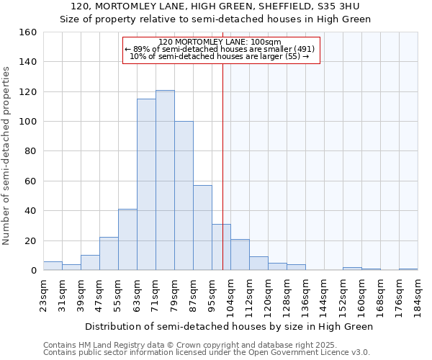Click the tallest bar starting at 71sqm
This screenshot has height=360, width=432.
pos(165,180)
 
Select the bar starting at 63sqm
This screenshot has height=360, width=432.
pos(146,184)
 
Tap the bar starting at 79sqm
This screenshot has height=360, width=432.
pos(184,196)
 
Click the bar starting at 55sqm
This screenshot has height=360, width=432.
pos(127,240)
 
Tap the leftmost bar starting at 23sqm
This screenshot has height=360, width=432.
pos(53,266)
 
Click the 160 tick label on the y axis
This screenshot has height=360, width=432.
pos(27,32)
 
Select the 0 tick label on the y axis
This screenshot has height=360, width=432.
pos(33,271)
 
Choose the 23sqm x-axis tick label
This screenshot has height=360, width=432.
pos(43,295)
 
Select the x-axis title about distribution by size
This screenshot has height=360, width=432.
pos(229,326)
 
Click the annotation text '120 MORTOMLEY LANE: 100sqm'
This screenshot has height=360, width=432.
pos(220,42)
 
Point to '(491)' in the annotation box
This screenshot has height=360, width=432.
pos(301,49)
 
